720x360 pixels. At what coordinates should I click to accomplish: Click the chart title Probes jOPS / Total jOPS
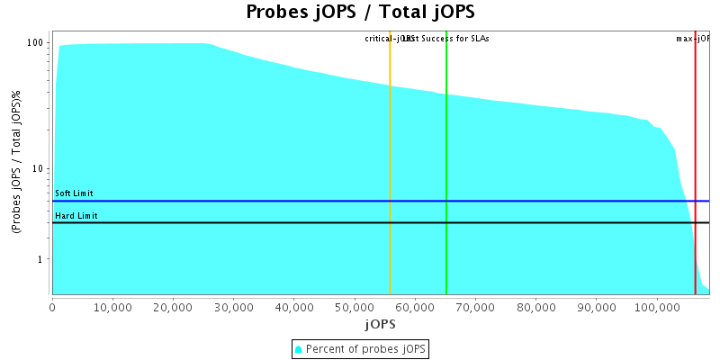[x=360, y=13]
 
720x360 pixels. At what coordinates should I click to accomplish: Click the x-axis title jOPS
[x=379, y=323]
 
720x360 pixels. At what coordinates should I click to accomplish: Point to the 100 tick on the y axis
[x=36, y=42]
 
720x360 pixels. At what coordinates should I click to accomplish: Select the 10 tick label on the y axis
[x=39, y=168]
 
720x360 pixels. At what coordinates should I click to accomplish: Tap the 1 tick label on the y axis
[x=41, y=259]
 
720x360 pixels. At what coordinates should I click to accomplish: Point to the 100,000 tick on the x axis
[x=656, y=306]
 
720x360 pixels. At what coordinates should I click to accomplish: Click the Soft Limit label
[x=74, y=193]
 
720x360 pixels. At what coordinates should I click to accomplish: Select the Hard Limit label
[x=76, y=216]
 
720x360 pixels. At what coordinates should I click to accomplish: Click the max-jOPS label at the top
[x=693, y=39]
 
